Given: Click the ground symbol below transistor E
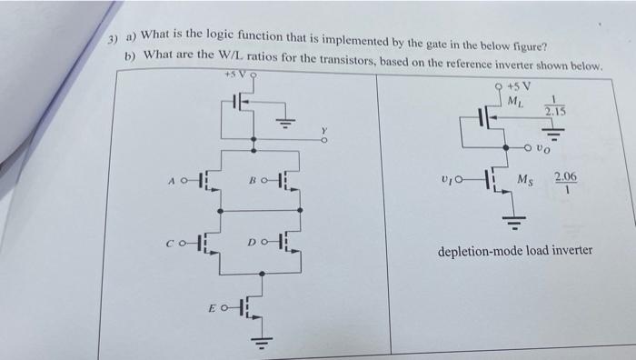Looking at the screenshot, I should [x=257, y=343].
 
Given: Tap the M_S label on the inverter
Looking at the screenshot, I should [x=526, y=179].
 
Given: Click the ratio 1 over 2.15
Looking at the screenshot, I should [x=554, y=105].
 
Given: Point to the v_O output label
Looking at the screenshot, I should [x=542, y=145].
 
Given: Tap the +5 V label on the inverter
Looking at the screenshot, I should [x=522, y=85].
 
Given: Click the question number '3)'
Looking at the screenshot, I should [x=113, y=42].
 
